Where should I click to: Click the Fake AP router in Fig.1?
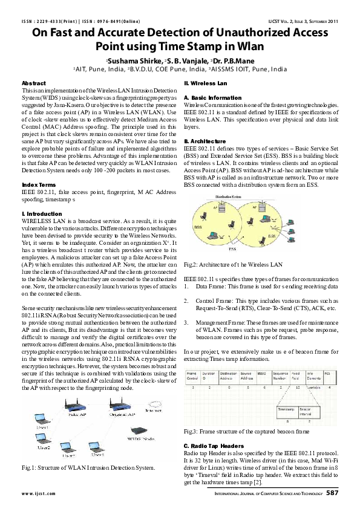65,407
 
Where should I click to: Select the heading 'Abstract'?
33,82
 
